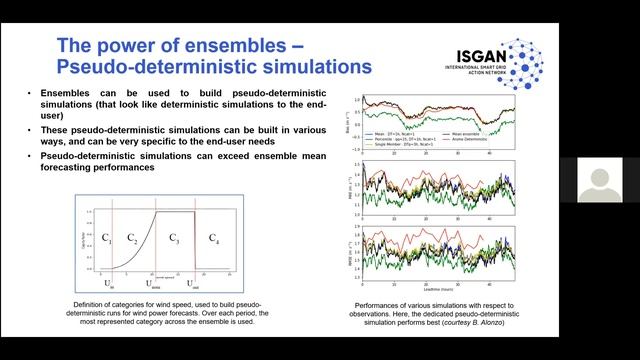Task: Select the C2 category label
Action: click(x=132, y=237)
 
